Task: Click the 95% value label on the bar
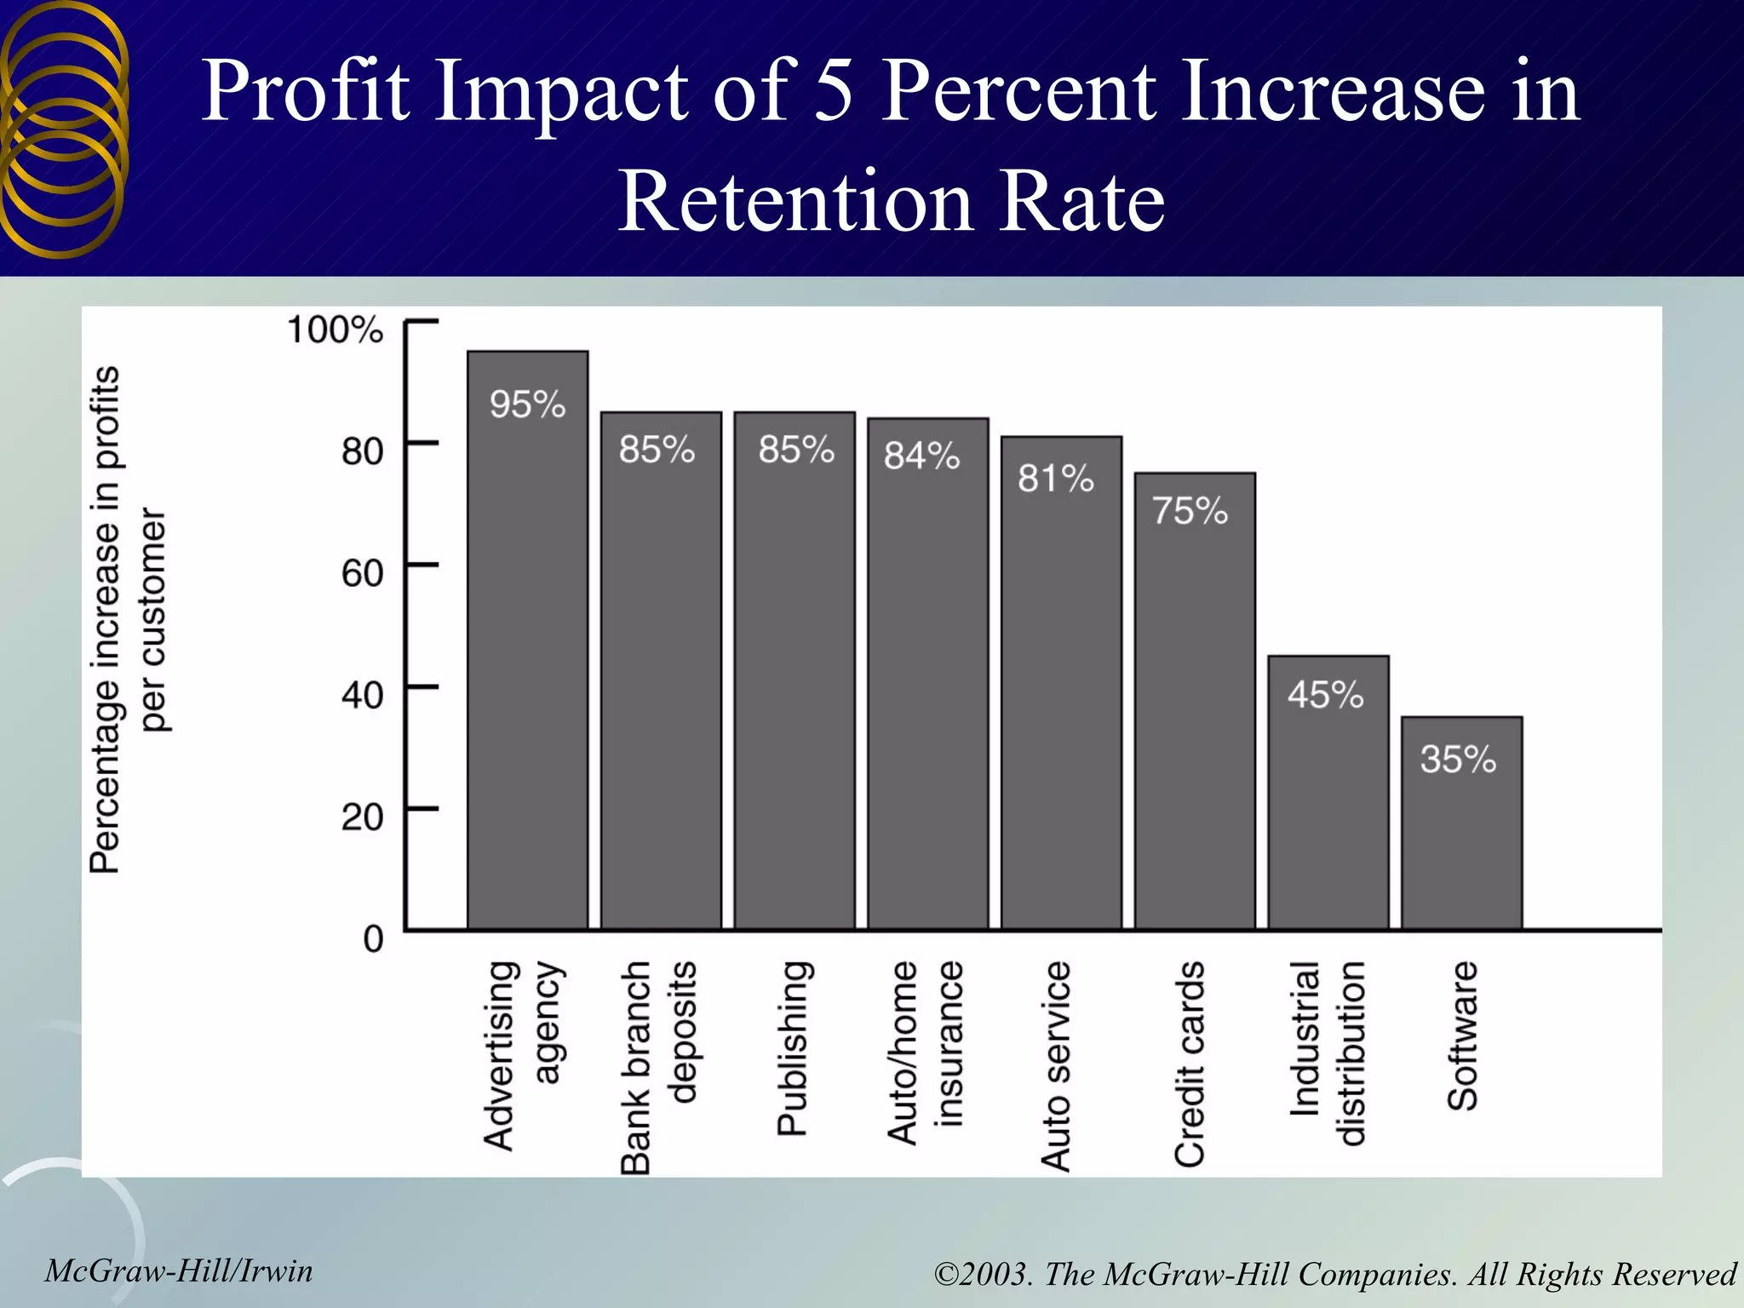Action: [527, 404]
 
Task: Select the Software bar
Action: [1461, 843]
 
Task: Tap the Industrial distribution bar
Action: [1328, 809]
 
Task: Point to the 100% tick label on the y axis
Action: [335, 330]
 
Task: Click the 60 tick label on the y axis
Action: [362, 573]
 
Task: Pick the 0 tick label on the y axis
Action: [373, 939]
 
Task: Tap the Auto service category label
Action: [1056, 1065]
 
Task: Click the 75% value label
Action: [1190, 511]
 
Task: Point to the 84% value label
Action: [921, 456]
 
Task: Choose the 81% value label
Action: [1055, 479]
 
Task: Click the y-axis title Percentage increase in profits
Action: [106, 619]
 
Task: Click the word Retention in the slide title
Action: [795, 202]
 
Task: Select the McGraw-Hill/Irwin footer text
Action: [179, 1271]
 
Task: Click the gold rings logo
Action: [63, 128]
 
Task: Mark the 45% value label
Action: [1325, 695]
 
